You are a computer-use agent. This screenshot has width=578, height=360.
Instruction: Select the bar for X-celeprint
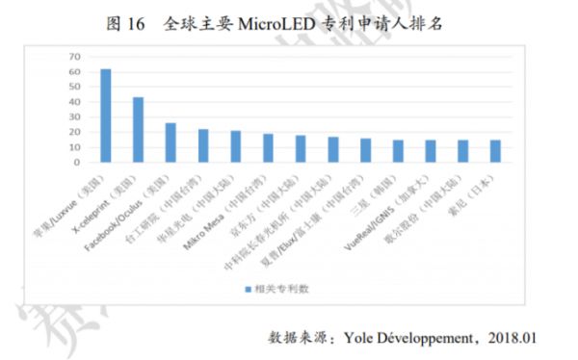click(x=139, y=129)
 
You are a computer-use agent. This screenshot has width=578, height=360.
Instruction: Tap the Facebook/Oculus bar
click(x=171, y=142)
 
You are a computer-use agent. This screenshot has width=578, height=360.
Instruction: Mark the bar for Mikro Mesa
click(x=269, y=147)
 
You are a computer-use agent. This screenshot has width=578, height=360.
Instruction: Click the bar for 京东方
click(x=302, y=148)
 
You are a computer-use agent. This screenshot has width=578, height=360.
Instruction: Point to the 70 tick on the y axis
click(x=76, y=57)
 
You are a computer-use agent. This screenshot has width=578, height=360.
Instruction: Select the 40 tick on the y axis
click(x=76, y=101)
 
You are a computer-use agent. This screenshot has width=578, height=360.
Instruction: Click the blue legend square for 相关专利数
click(x=247, y=287)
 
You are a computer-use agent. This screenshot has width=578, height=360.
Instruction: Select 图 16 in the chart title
click(x=127, y=21)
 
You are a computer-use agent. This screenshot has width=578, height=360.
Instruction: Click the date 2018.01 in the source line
click(x=509, y=338)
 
